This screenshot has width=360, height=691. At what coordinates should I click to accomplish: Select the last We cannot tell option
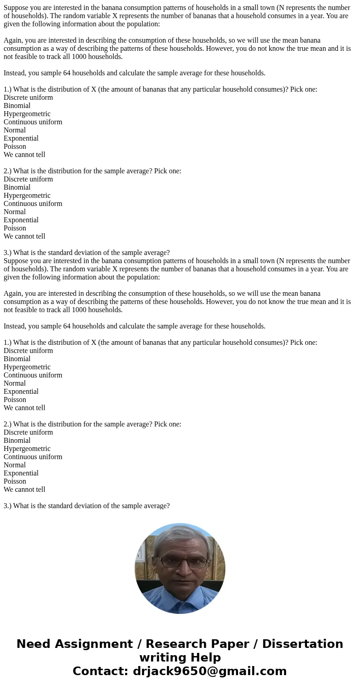click(x=24, y=490)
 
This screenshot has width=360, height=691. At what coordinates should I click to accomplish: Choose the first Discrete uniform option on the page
click(x=28, y=98)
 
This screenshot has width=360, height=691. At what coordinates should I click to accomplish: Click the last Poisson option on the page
click(x=15, y=481)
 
